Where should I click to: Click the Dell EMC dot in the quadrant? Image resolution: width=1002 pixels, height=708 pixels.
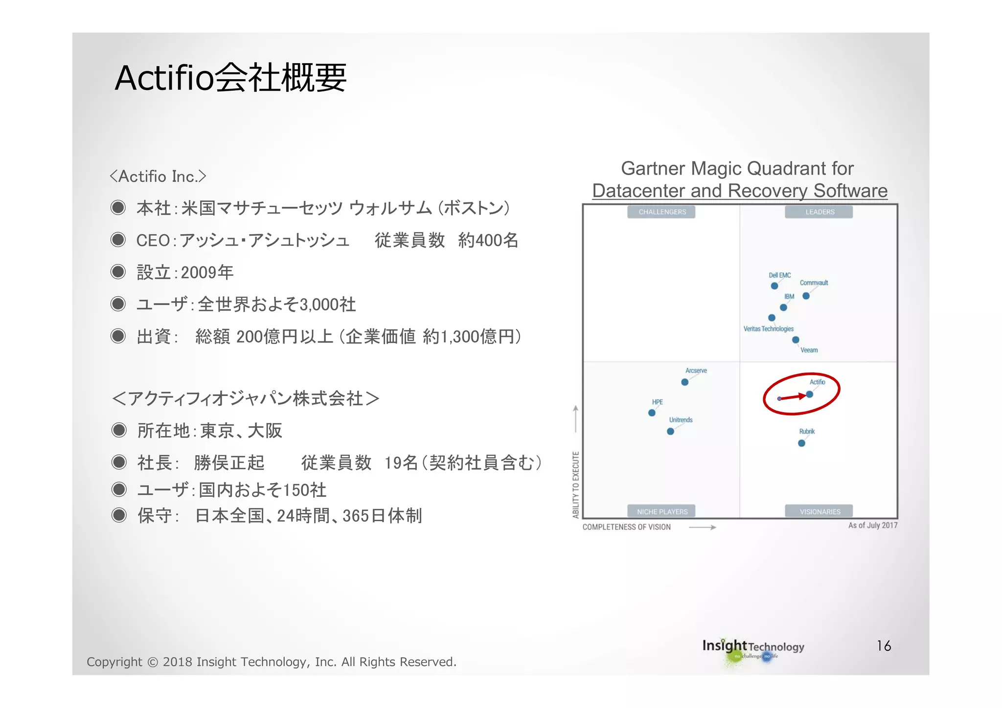click(x=774, y=286)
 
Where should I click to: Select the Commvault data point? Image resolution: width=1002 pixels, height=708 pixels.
click(x=806, y=296)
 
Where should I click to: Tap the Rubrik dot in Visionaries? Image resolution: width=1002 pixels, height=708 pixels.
click(x=801, y=443)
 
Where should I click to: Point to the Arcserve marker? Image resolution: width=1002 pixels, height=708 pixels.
click(x=685, y=382)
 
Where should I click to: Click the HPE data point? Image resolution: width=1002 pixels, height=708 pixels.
click(x=652, y=413)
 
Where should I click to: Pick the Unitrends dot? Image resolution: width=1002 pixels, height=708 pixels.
click(x=670, y=431)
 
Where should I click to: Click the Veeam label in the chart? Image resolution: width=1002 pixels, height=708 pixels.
click(x=809, y=350)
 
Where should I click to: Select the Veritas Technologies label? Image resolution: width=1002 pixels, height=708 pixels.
click(x=768, y=329)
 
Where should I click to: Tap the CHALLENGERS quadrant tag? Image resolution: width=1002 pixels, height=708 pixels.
click(x=662, y=212)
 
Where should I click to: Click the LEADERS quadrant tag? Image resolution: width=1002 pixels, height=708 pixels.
click(x=820, y=212)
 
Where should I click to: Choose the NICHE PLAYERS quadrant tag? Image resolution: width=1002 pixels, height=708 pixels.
click(x=662, y=511)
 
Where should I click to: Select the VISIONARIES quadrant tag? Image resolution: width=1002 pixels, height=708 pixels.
click(x=820, y=511)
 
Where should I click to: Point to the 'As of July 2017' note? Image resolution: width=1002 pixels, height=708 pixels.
click(x=872, y=525)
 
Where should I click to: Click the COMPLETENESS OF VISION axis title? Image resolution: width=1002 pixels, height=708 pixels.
click(x=626, y=527)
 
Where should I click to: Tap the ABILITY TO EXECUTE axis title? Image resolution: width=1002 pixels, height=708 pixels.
click(x=576, y=484)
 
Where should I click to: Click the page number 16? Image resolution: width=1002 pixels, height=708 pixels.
click(x=884, y=646)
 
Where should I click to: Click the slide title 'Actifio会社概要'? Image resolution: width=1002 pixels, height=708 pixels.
click(x=230, y=78)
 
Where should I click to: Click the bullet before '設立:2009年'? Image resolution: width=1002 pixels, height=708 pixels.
click(x=118, y=272)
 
